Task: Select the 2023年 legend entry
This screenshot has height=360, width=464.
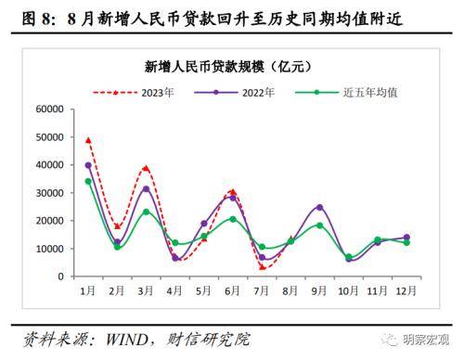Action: coord(139,92)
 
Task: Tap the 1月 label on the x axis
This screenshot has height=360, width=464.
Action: coord(88,290)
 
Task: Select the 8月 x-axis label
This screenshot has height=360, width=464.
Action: coord(290,290)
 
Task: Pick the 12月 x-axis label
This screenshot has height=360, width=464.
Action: coord(406,290)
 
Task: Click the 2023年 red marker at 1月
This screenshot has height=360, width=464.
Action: coord(88,140)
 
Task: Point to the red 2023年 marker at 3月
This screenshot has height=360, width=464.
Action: coord(146,168)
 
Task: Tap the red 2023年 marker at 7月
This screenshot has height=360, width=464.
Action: coord(262,267)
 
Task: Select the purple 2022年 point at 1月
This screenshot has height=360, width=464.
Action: coord(88,165)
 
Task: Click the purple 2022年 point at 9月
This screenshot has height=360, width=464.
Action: coord(319,207)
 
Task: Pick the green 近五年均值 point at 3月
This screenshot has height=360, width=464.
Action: coord(146,212)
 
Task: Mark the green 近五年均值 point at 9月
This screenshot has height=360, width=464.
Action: coord(319,225)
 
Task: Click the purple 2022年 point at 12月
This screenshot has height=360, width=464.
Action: coord(406,238)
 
